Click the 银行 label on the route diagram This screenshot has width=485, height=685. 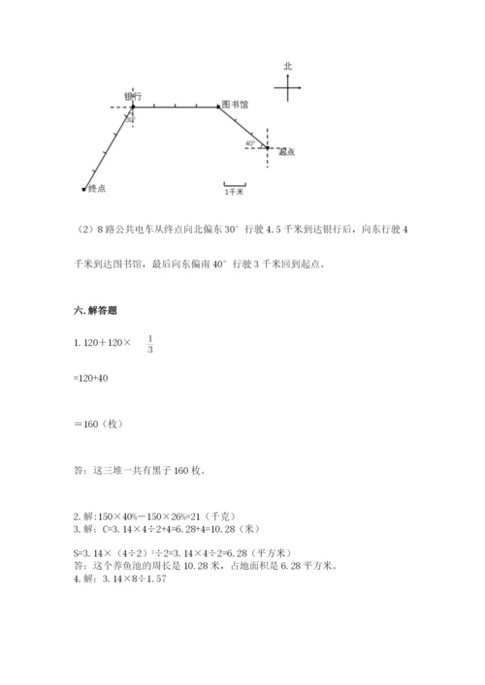point(134,96)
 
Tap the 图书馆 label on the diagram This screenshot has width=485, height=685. point(233,104)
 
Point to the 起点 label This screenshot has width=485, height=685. point(285,152)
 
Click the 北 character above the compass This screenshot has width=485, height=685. point(288,66)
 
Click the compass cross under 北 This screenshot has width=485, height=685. point(288,89)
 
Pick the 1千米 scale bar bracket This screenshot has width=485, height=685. point(234,183)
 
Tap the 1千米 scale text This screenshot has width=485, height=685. point(234,193)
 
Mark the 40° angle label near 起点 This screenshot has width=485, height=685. point(249,142)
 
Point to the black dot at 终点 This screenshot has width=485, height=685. point(84,189)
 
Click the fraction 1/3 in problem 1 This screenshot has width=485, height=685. point(150,343)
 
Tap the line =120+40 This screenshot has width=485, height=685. point(91,378)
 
